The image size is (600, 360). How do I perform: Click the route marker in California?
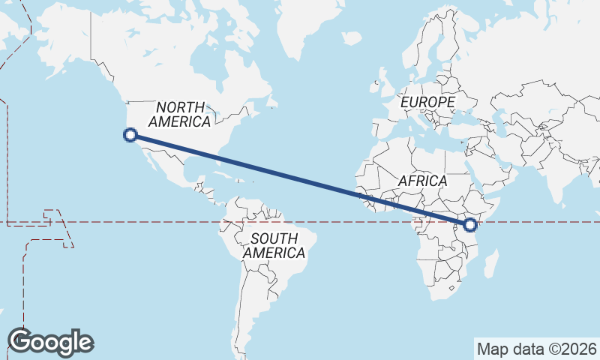[130, 135]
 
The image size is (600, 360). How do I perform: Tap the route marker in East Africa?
[470, 224]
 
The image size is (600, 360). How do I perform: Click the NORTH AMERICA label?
[180, 115]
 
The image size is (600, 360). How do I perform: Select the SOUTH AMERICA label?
[274, 246]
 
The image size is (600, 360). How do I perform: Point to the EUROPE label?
[427, 101]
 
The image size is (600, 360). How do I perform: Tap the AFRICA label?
[422, 181]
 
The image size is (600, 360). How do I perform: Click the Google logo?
[50, 342]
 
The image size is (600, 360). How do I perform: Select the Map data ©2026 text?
[536, 349]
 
